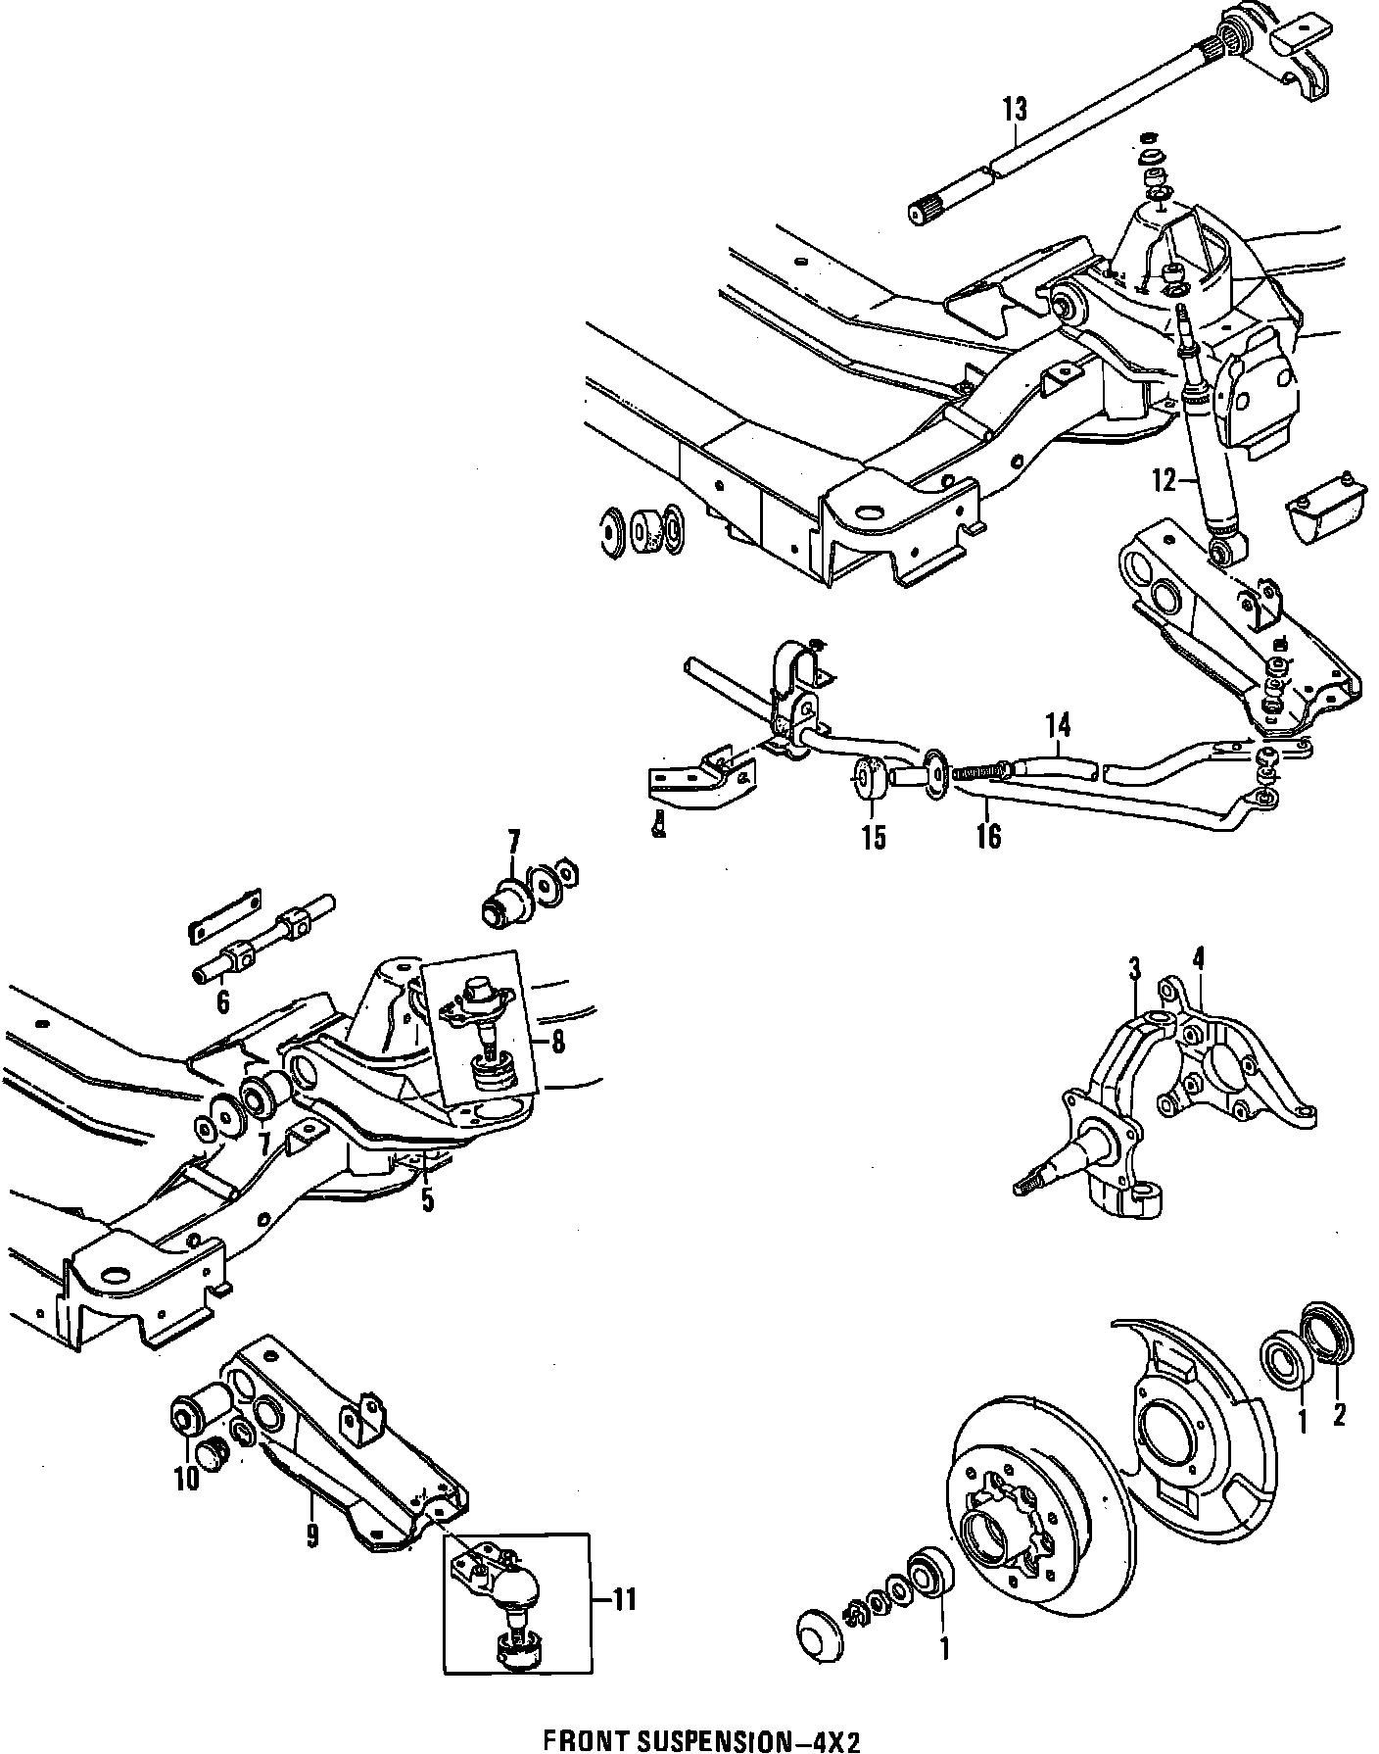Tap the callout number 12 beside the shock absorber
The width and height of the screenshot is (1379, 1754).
click(1164, 481)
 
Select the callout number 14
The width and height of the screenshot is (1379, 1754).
click(1058, 726)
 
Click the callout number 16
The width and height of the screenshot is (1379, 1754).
click(989, 836)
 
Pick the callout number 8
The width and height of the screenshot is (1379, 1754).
click(557, 1041)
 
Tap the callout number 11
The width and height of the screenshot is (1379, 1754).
click(624, 1600)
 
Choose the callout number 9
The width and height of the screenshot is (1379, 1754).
click(312, 1535)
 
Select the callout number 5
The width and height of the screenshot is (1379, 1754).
click(427, 1199)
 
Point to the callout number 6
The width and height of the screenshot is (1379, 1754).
click(222, 1001)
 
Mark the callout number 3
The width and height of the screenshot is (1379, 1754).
click(1134, 970)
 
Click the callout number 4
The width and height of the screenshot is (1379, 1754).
click(1199, 956)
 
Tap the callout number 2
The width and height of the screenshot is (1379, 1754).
click(1338, 1414)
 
